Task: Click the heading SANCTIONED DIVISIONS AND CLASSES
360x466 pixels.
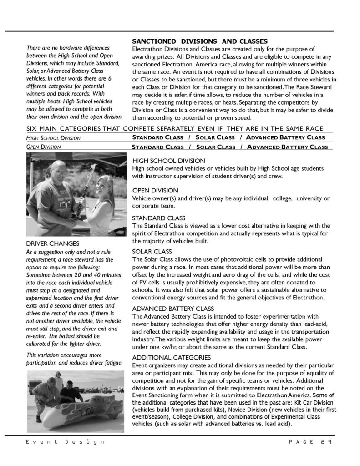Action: [x=199, y=41]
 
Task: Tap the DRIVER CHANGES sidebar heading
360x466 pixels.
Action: [x=53, y=243]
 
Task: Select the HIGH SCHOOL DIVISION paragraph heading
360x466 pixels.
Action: [x=168, y=161]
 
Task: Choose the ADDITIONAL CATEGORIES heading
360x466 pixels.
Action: [x=171, y=357]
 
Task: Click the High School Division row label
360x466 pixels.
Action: [x=54, y=137]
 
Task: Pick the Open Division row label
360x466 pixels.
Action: [x=44, y=147]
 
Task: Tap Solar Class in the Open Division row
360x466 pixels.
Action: [x=215, y=147]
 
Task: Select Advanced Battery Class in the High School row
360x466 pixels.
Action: [x=286, y=137]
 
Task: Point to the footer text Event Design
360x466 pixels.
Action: [x=65, y=442]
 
